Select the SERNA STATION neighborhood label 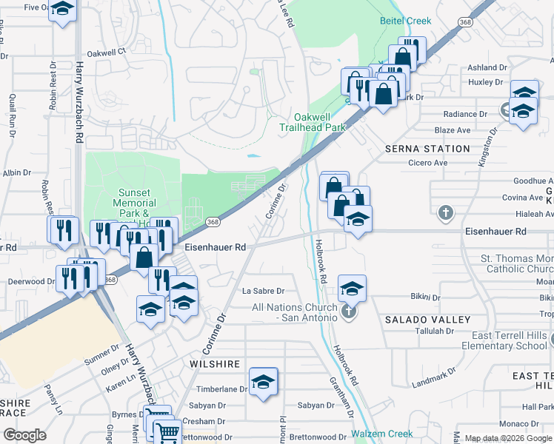click(x=427, y=149)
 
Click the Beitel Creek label click(x=405, y=21)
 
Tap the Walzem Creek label click(x=380, y=434)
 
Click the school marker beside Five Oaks click(x=64, y=8)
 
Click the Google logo click(x=24, y=435)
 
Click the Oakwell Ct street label click(x=107, y=53)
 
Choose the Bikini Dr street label click(x=425, y=297)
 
